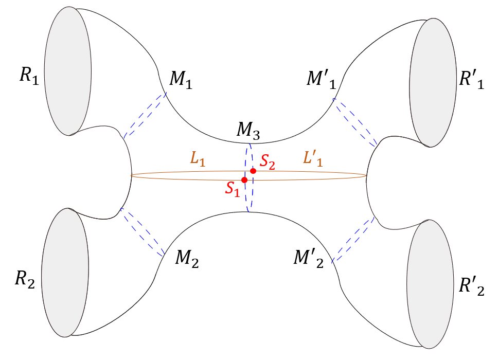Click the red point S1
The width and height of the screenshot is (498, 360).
(x=244, y=180)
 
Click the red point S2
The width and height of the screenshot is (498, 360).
(x=253, y=171)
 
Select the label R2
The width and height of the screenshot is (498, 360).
(x=24, y=280)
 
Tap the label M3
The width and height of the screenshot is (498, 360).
(x=248, y=132)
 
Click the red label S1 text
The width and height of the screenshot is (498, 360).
(x=233, y=189)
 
